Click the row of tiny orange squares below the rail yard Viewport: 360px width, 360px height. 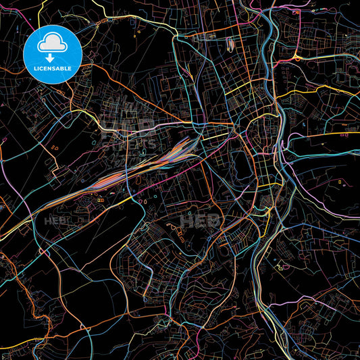[101, 200]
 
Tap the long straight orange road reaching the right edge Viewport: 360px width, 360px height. [324, 134]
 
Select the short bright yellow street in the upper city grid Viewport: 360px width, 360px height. [243, 88]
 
